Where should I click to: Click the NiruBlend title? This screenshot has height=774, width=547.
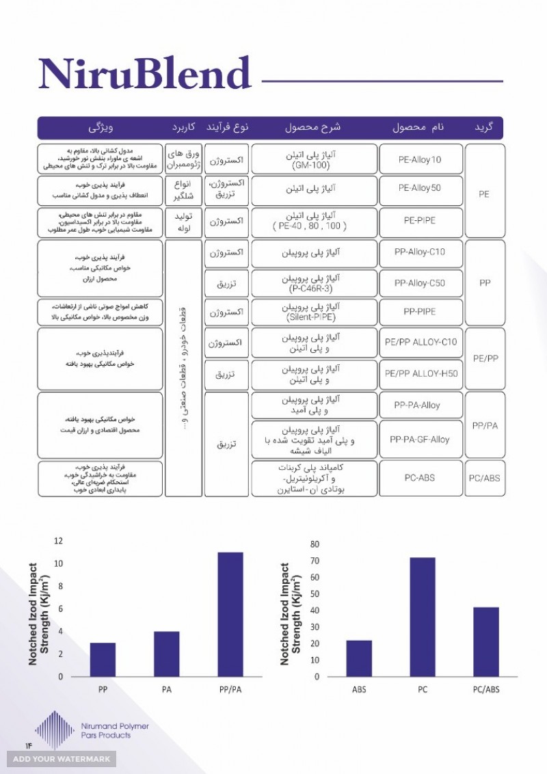[144, 73]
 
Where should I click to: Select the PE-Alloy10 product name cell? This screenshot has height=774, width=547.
[420, 159]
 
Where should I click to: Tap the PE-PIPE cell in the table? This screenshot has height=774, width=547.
[420, 222]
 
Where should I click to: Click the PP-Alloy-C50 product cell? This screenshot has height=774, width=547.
[420, 283]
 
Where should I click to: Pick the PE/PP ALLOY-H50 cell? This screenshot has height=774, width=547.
[420, 373]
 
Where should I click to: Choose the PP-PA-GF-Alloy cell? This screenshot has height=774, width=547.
[420, 440]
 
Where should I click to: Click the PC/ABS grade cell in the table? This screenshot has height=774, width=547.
[484, 478]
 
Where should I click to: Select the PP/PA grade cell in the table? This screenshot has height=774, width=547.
[484, 425]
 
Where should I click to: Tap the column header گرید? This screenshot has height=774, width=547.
[484, 128]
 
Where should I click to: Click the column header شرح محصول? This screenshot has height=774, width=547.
[313, 128]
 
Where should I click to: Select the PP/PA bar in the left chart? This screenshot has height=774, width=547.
[230, 614]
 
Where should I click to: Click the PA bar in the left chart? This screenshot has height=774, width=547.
[166, 654]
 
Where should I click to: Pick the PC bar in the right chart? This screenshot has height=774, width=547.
[422, 617]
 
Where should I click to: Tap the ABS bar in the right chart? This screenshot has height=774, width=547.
[358, 658]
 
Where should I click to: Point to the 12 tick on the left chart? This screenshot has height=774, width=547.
[59, 542]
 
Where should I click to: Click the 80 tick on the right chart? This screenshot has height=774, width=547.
[315, 544]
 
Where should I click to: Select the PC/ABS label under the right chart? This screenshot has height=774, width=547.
[485, 689]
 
